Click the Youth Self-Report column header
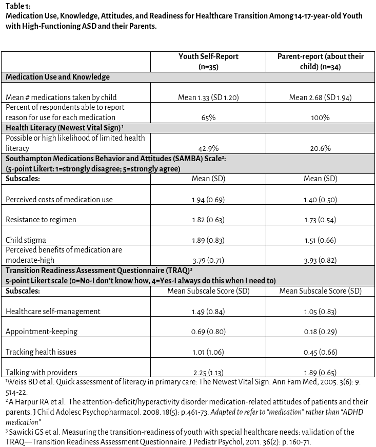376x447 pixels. tap(208, 62)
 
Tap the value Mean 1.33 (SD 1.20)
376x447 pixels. tap(208, 97)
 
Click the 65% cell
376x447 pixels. tap(208, 118)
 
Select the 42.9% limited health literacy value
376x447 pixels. tap(208, 148)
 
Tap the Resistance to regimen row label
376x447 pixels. tap(41, 220)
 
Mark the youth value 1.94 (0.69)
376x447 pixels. tap(208, 199)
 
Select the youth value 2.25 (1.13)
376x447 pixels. tap(208, 373)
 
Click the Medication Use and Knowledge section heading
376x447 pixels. tap(57, 77)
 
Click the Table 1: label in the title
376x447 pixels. tap(17, 6)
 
